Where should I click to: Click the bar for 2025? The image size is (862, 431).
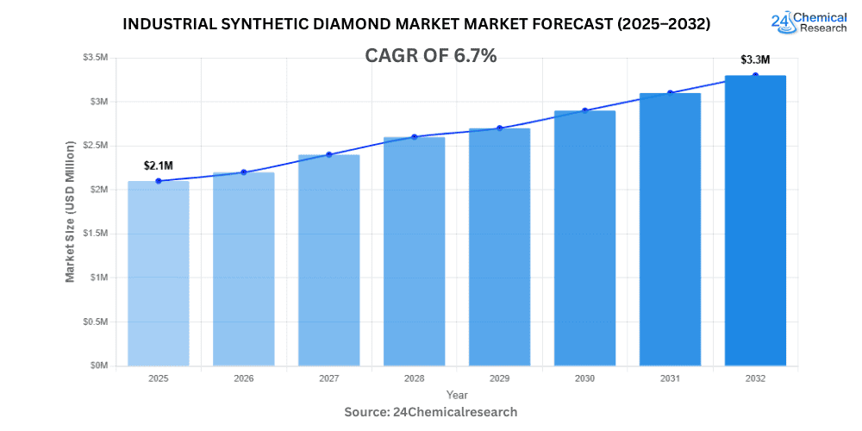(x=158, y=273)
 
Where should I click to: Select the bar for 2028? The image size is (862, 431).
(x=414, y=251)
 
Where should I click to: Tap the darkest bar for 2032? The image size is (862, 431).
(x=755, y=221)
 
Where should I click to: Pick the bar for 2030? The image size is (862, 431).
(x=584, y=238)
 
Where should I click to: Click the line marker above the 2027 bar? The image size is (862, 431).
(x=328, y=154)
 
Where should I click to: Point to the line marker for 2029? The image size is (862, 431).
(x=499, y=128)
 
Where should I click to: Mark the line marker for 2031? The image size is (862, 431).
(x=670, y=93)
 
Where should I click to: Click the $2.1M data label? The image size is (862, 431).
(x=159, y=165)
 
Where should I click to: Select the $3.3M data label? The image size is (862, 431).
(x=755, y=59)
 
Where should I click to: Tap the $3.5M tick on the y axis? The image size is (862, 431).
(x=96, y=57)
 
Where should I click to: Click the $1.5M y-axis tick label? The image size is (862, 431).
(x=96, y=234)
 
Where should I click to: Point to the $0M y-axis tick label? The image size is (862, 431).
(x=99, y=365)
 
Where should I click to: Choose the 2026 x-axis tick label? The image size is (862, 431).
(x=243, y=378)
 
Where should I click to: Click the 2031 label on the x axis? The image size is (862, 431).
(x=670, y=378)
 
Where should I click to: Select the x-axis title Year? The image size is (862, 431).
(x=457, y=395)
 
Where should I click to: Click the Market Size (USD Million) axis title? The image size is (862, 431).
(x=70, y=211)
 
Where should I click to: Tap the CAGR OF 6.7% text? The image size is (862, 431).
(x=432, y=56)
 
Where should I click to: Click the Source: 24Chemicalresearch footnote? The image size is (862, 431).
(x=431, y=412)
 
